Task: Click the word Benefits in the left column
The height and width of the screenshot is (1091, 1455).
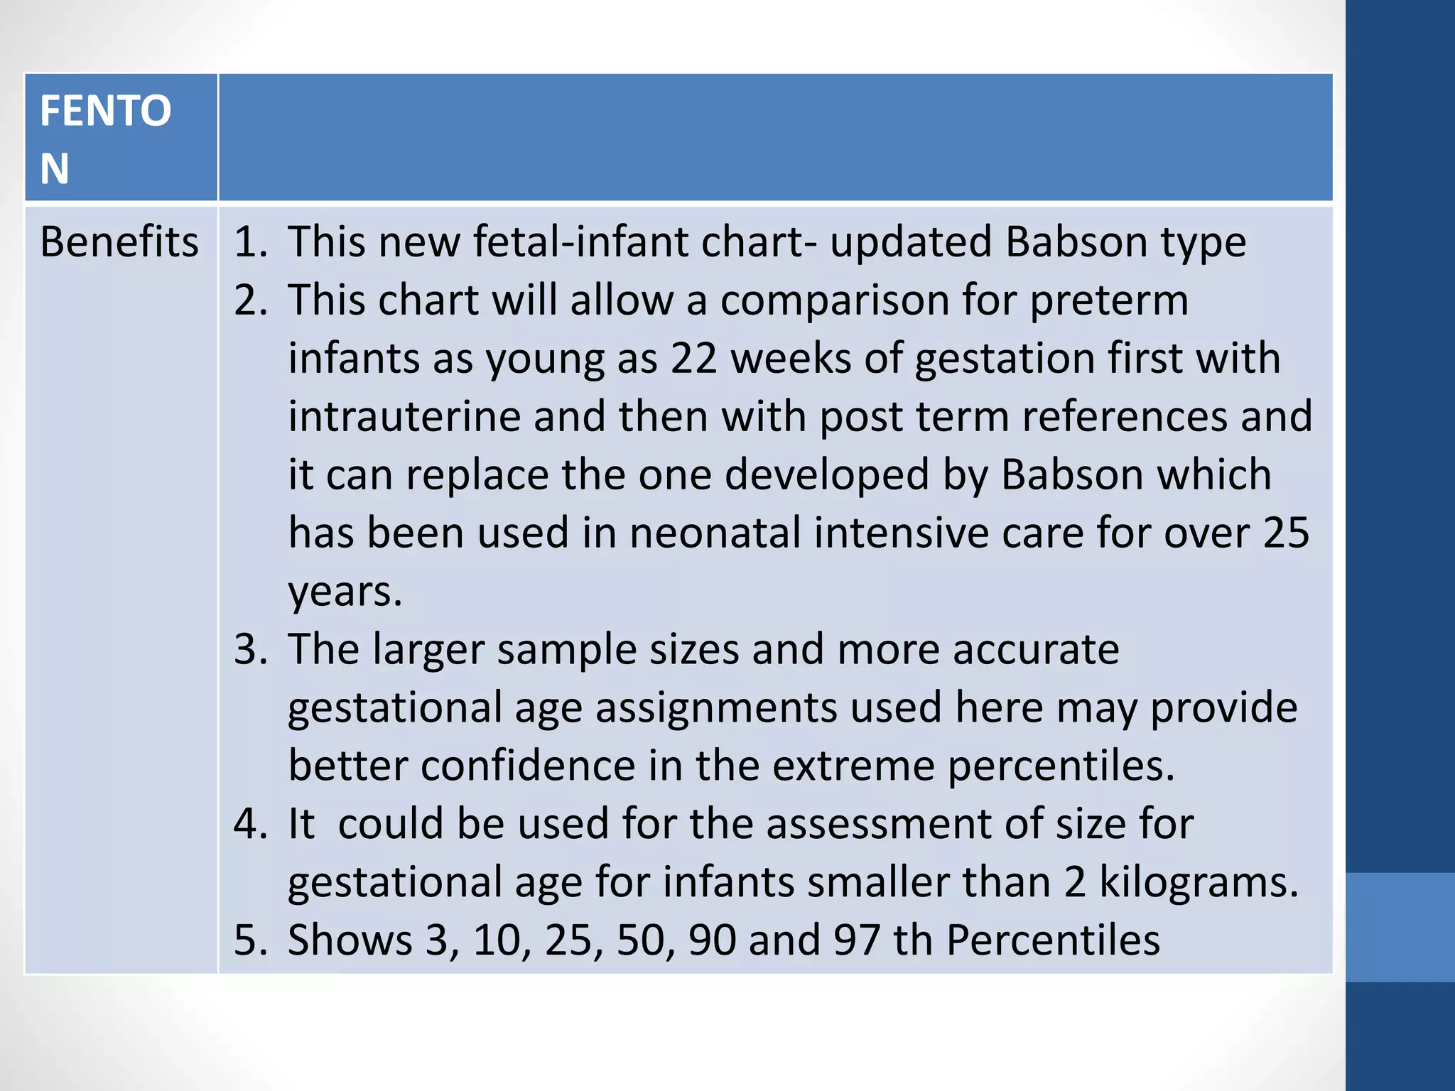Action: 119,242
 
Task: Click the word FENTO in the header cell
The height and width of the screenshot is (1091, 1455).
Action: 106,111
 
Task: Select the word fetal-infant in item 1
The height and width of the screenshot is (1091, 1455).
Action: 581,242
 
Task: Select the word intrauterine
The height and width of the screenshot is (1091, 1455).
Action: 404,417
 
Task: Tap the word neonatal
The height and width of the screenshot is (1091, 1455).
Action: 715,533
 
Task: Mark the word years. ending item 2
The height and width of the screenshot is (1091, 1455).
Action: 345,592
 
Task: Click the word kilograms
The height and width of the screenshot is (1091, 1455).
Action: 1199,883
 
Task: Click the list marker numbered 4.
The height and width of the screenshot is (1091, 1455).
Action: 249,825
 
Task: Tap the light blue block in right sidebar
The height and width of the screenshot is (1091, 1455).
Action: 1400,927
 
